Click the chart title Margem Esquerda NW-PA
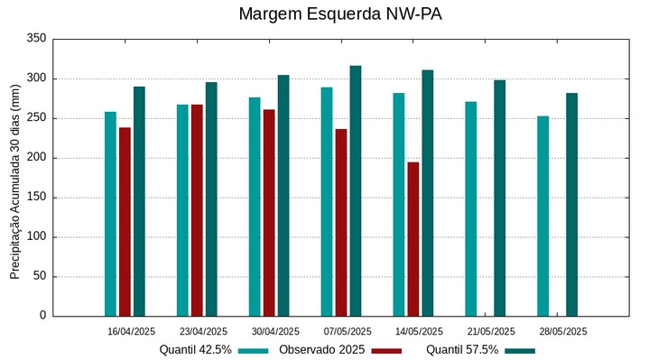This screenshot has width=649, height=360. pos(339,14)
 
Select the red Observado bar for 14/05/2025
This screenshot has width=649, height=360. pos(413,239)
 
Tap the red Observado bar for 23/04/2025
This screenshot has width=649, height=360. pos(197,210)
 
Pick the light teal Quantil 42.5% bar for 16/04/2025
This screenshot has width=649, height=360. pos(110,214)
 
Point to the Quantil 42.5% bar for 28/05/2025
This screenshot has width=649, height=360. pos(542,216)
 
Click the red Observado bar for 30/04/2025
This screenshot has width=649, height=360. pos(269,213)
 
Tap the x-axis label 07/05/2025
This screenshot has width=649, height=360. pos(347,331)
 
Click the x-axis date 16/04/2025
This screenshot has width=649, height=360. pos(130,331)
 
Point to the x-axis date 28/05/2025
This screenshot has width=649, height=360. pos(563,331)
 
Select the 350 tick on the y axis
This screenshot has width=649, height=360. pos(36,39)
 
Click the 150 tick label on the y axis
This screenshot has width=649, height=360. pos(36,198)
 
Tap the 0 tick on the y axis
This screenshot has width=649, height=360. pos(42,316)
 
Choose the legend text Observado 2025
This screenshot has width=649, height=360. pos(321,349)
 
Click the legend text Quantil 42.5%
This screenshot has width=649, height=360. pos(195,349)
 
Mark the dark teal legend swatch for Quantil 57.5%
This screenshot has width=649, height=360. pos(520,350)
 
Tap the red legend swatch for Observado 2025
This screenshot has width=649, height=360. pos(386,350)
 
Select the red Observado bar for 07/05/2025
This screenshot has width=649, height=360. pos(341,222)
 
